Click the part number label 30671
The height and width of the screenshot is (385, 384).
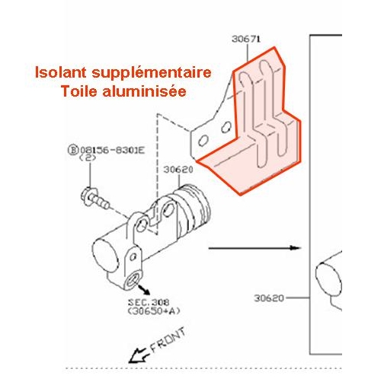pos(246,39)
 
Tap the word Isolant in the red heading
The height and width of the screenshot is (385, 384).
pos(61,72)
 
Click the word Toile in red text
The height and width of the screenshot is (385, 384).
pos(79,91)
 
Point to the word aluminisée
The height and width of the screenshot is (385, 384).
pos(145,91)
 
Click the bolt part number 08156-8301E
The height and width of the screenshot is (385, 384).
pos(112,150)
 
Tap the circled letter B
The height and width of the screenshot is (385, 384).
pos(72,150)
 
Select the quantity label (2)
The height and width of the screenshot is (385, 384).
pos(88,157)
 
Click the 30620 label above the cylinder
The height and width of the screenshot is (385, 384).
pos(178,170)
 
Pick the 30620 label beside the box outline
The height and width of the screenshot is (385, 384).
pos(269,298)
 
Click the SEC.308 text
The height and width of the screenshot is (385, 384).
pos(149,302)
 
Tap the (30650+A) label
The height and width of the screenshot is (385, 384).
pos(154,311)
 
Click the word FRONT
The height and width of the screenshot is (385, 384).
pos(168,340)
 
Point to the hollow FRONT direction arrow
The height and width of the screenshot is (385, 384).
pos(137,355)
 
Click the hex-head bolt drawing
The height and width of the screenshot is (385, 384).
pos(95,199)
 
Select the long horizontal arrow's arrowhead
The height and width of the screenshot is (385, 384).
pos(295,247)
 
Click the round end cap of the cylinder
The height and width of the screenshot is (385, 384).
pos(105,255)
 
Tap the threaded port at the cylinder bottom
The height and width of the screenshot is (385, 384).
pos(133,281)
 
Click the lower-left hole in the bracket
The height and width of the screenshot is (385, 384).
pos(203,140)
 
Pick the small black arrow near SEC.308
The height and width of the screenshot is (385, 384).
pos(144,290)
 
